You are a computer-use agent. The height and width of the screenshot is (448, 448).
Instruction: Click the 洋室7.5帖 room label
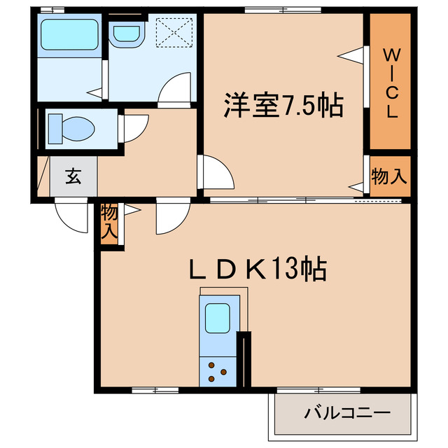283,106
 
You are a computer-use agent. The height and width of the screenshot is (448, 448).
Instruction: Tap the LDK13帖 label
258,268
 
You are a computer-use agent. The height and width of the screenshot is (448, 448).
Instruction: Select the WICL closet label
390,83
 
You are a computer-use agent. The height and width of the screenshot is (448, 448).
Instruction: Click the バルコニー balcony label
346,413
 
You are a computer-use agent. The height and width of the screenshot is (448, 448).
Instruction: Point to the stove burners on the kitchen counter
218,372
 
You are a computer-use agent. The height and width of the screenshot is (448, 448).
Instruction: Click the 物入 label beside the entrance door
110,222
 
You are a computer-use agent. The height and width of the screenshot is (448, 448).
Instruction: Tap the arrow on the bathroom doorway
95,90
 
